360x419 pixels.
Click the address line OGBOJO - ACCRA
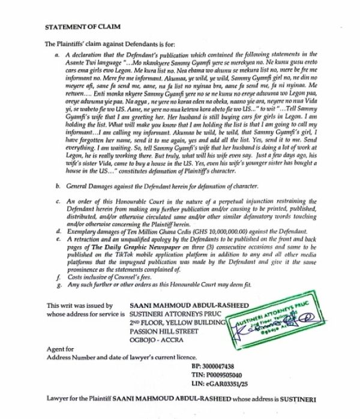pos(160,344)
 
